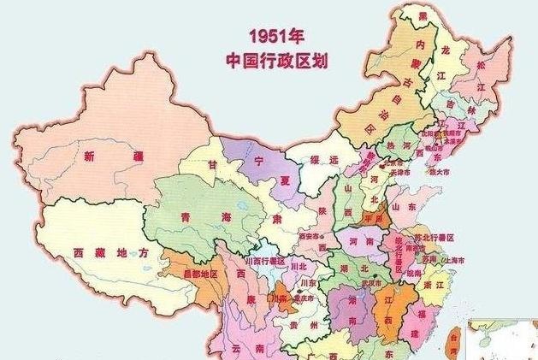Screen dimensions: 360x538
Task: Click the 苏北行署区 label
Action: point(437,236)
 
